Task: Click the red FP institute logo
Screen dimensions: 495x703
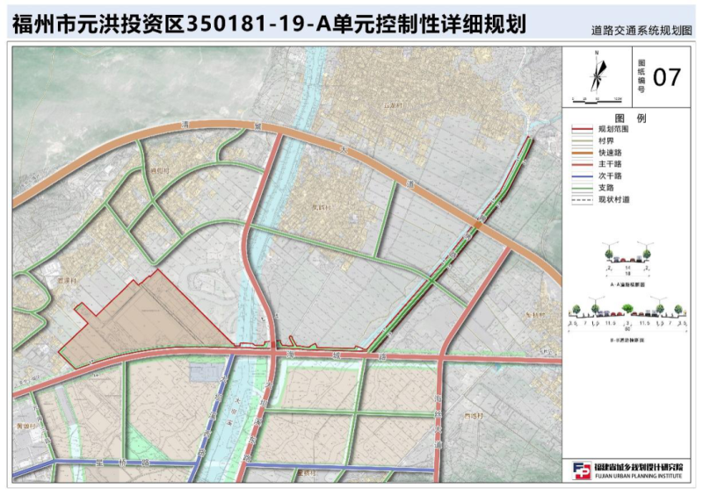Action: [582, 470]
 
